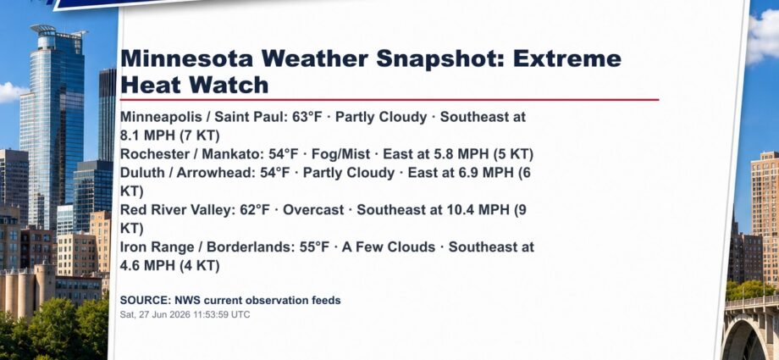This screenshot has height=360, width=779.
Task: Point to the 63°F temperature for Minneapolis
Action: pos(307,118)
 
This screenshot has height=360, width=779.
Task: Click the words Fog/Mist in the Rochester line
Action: pos(340,155)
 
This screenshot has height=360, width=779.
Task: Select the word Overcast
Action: pos(313,210)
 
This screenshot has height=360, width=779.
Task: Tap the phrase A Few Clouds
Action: pos(389,247)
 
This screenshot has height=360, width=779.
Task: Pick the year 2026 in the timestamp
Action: pos(171,315)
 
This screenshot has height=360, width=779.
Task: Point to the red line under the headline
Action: pos(389,99)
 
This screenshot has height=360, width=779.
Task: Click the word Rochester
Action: pos(152,155)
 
